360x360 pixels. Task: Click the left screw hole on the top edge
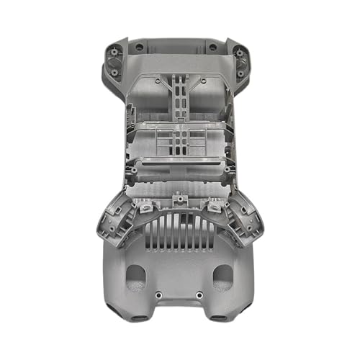point(139,47)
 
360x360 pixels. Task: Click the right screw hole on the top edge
point(212,47)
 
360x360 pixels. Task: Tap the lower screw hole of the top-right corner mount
point(240,71)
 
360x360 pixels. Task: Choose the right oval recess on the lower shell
point(222,276)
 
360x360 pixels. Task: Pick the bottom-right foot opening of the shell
point(217,318)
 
